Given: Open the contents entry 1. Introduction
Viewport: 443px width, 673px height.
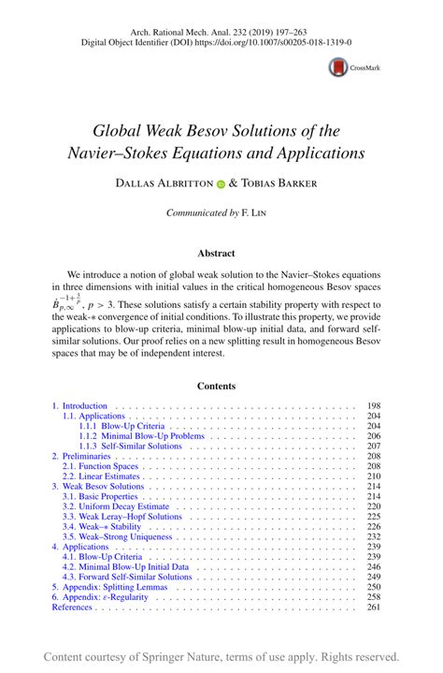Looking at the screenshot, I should (80, 405).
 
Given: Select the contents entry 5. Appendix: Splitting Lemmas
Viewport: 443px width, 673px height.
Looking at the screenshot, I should (107, 587).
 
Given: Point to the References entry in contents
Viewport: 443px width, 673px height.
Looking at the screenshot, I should (72, 607).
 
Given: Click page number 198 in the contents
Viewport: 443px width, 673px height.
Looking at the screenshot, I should (374, 405).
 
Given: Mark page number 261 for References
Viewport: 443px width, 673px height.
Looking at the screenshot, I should (374, 607).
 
